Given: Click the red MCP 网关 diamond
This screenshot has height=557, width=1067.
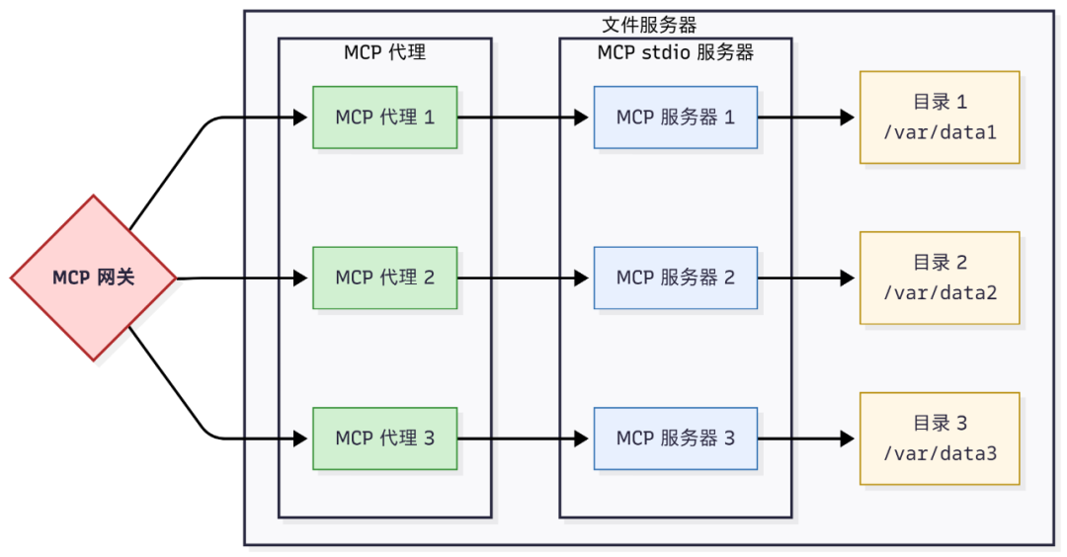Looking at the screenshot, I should (x=93, y=278).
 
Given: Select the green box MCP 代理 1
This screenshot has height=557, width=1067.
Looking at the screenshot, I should (x=384, y=118).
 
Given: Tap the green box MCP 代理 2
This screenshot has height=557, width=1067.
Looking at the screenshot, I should (x=384, y=278).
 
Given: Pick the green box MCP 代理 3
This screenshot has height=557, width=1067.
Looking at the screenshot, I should (x=384, y=438).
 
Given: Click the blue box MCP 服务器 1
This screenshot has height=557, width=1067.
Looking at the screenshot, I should (x=676, y=118).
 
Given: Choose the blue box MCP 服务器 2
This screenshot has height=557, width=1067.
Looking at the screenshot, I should (x=676, y=278).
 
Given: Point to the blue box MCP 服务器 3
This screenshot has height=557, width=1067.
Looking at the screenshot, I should (x=676, y=438).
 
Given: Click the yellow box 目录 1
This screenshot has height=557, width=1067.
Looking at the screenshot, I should (x=939, y=118).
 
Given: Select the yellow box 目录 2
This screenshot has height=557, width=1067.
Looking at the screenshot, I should (x=939, y=278).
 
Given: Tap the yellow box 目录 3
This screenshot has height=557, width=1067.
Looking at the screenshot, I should (x=939, y=438).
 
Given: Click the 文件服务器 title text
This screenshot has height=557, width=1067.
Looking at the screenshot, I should (x=649, y=25).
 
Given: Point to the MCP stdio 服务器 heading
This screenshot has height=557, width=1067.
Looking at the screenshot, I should (x=676, y=52).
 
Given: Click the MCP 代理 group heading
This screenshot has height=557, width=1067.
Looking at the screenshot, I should (x=384, y=52).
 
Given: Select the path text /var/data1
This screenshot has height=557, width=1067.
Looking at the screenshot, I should (x=939, y=131).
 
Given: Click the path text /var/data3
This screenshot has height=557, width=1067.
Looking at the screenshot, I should (x=939, y=453).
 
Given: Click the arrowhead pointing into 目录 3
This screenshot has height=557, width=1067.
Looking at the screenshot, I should (x=848, y=438).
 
